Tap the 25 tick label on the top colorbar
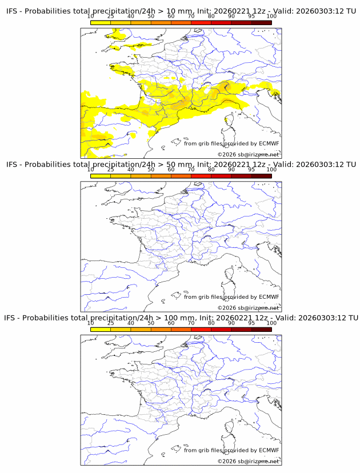pyautogui.click(x=111, y=17)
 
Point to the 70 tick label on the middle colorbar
pyautogui.click(x=191, y=170)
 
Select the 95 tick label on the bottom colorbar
pyautogui.click(x=251, y=323)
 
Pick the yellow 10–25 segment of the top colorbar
pyautogui.click(x=101, y=22)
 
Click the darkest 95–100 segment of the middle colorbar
pyautogui.click(x=261, y=176)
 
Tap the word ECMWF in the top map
pyautogui.click(x=269, y=143)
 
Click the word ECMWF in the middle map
pyautogui.click(x=269, y=296)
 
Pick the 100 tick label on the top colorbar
pyautogui.click(x=271, y=17)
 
